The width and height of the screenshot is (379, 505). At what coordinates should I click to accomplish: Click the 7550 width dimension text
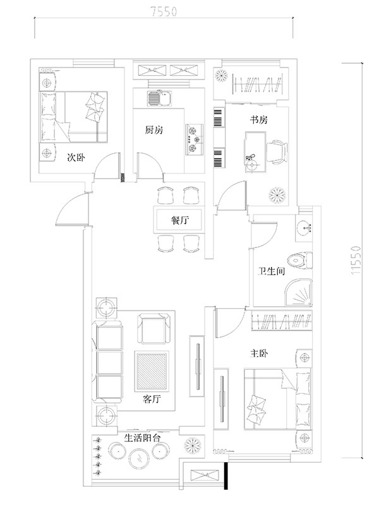164,11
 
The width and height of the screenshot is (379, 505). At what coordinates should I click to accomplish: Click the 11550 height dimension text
356,260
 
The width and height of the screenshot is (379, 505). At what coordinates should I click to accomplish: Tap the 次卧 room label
76,157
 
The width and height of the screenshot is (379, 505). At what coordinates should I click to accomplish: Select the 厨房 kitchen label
153,130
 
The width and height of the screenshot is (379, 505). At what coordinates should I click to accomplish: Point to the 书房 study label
259,120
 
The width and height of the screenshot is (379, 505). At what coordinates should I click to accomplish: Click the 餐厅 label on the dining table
179,220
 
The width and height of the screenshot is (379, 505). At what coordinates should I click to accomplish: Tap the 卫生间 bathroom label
272,271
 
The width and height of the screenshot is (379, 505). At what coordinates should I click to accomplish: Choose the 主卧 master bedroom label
259,353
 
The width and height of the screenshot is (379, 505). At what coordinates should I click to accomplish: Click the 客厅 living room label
152,400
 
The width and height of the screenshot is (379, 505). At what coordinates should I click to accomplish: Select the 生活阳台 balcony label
143,437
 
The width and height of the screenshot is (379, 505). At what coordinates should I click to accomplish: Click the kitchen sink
160,98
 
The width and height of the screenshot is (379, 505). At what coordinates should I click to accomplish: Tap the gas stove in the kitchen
195,140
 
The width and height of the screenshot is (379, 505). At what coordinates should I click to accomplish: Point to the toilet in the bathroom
299,261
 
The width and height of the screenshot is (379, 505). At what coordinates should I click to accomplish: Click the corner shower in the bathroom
299,293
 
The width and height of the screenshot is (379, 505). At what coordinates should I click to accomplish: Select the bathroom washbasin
304,228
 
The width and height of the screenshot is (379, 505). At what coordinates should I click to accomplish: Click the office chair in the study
277,152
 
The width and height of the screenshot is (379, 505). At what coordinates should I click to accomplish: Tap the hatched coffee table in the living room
152,370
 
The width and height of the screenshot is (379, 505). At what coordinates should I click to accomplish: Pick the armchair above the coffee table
153,329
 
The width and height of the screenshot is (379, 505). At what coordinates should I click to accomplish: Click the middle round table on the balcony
140,458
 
